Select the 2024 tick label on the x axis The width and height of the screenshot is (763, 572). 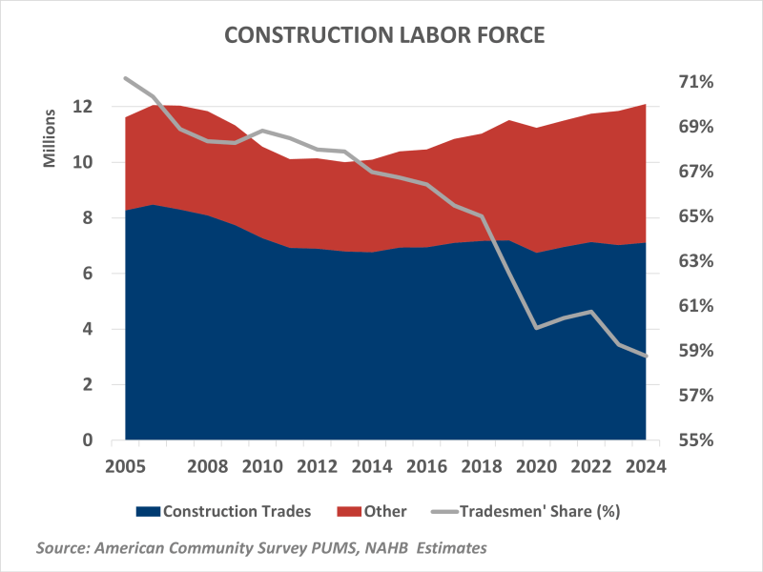pyautogui.click(x=645, y=467)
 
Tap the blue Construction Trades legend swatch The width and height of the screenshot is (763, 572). pyautogui.click(x=148, y=511)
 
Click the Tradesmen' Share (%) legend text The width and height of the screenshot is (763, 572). pyautogui.click(x=540, y=511)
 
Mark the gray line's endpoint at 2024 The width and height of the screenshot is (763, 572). pyautogui.click(x=646, y=356)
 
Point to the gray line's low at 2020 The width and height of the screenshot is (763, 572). pyautogui.click(x=536, y=328)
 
